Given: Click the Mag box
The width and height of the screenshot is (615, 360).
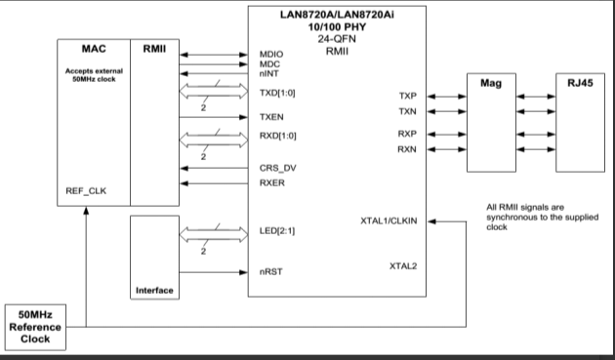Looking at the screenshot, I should pos(491,123).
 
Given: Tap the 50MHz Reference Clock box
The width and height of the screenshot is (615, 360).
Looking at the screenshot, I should pos(36,324).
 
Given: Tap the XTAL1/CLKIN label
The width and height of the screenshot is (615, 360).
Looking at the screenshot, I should pos(389,223).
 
